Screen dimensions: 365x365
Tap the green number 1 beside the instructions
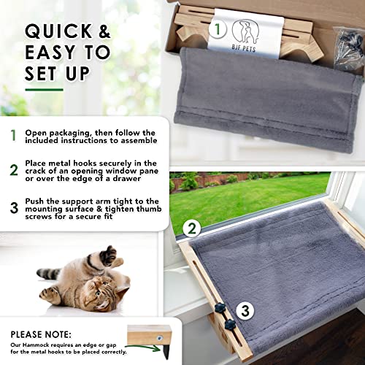click(x=12, y=135)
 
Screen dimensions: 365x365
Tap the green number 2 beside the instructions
click(x=12, y=172)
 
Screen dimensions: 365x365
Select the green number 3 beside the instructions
click(x=12, y=207)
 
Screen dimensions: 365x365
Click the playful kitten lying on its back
click(x=82, y=281)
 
